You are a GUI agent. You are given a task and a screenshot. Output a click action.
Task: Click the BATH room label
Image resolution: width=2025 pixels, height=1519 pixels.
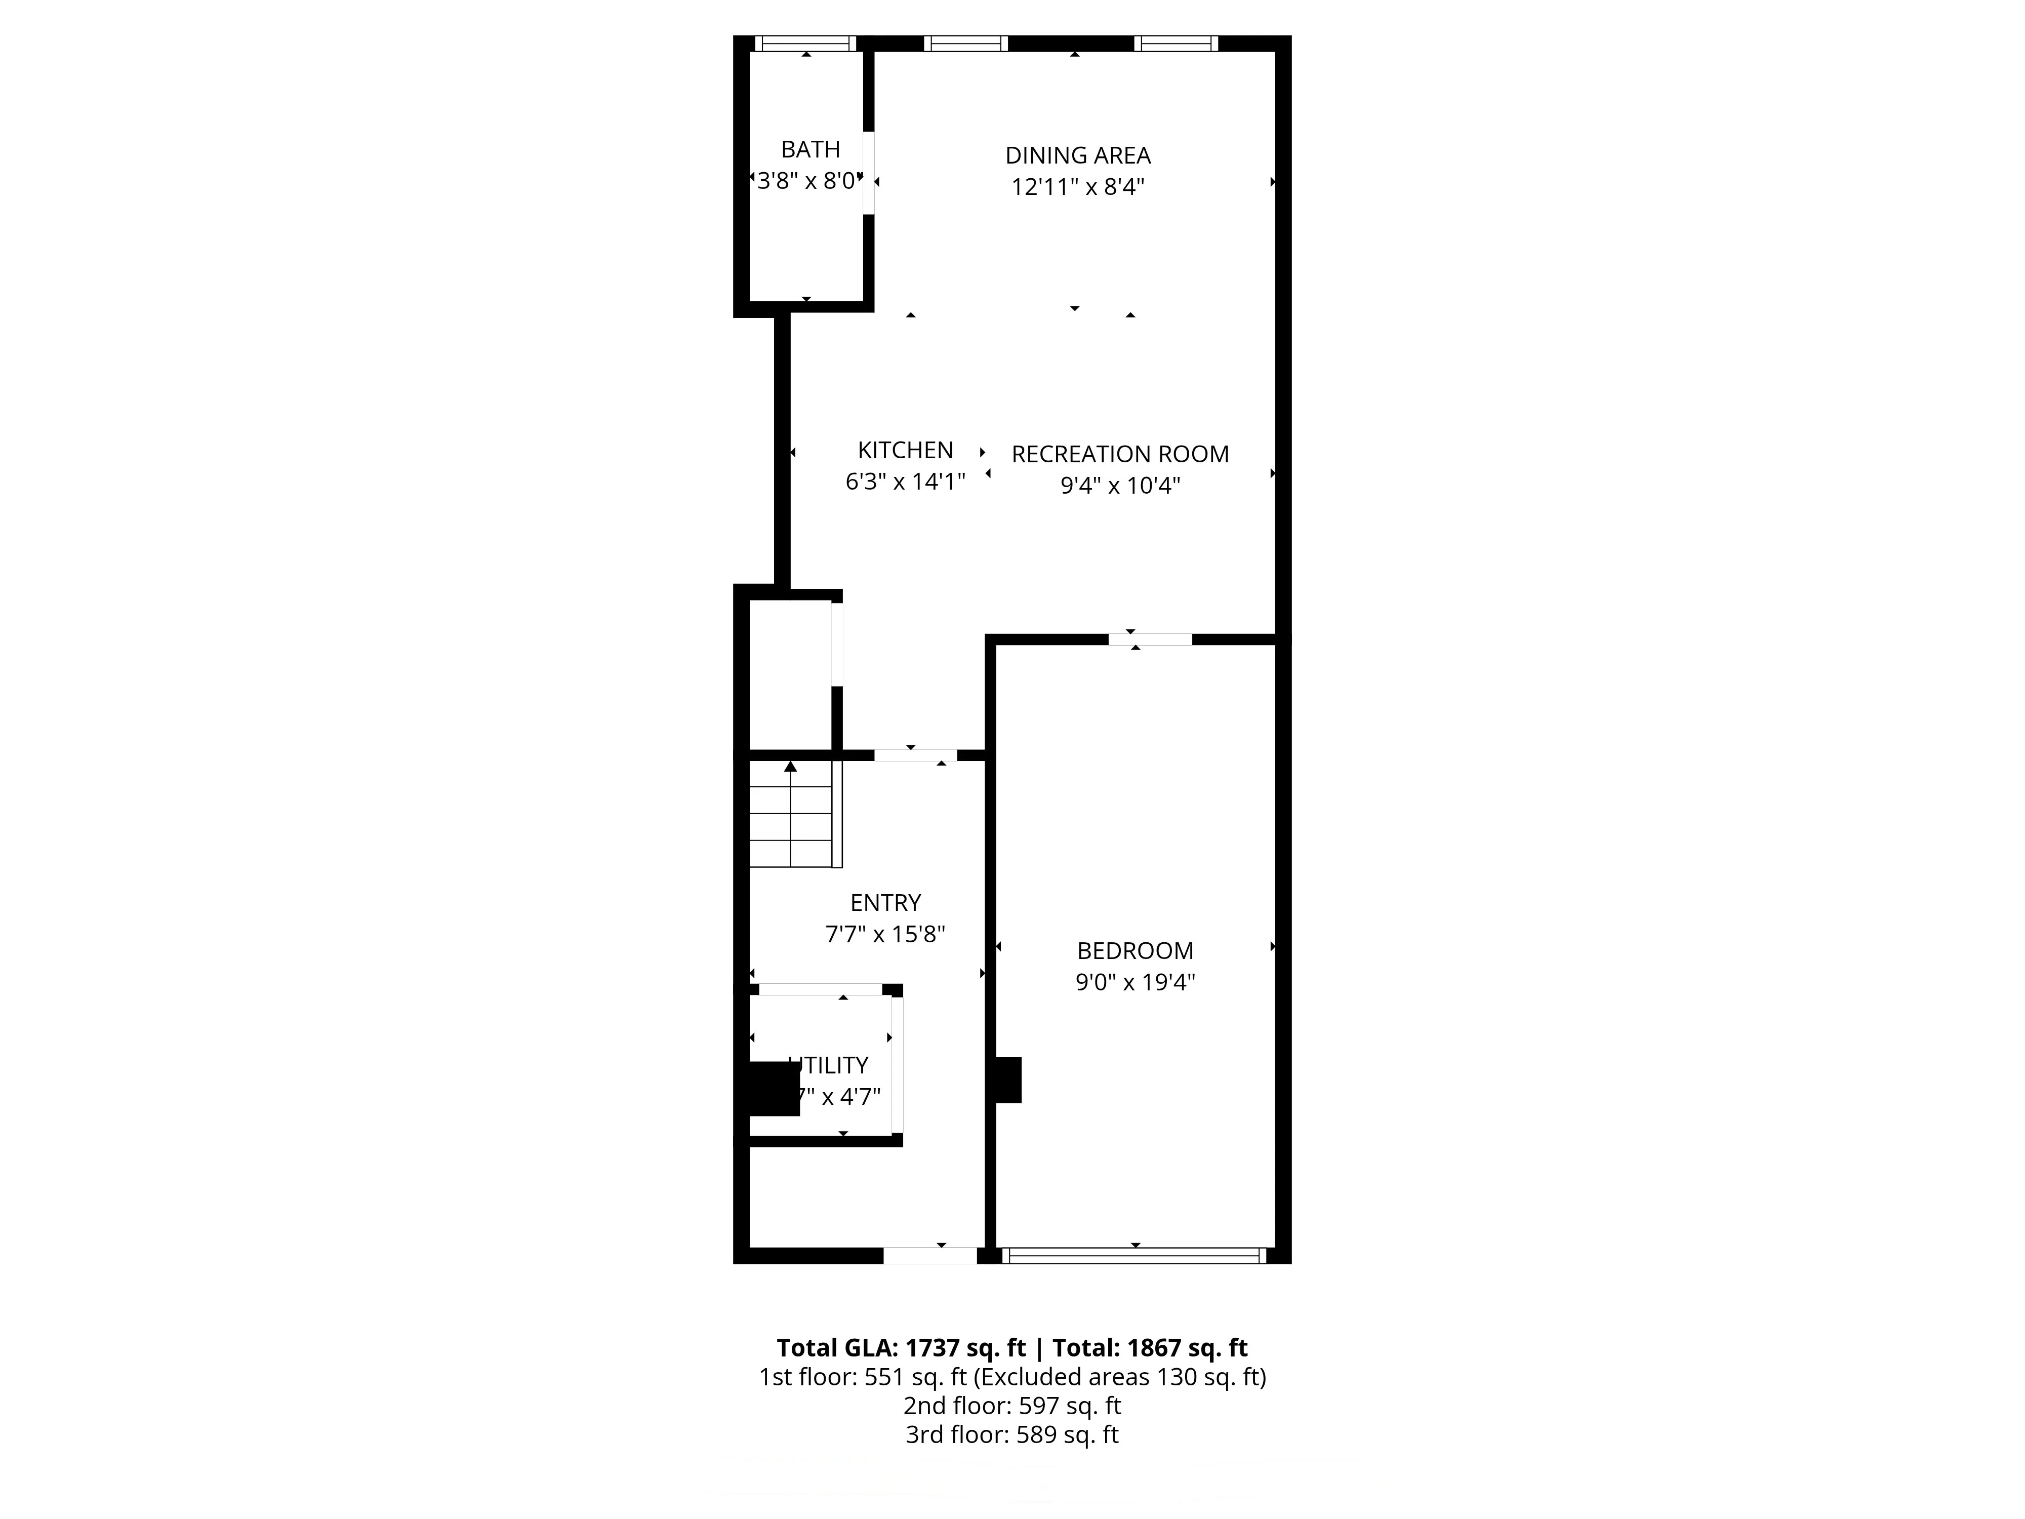(810, 149)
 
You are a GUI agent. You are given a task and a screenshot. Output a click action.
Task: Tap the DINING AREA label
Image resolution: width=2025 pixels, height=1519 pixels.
(1077, 155)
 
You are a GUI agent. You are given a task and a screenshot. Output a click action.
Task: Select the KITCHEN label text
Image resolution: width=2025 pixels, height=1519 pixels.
(905, 451)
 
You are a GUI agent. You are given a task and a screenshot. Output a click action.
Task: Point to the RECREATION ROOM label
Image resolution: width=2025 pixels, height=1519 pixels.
(1120, 454)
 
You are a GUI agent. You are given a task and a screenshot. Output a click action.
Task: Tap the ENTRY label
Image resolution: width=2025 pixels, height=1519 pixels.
(885, 903)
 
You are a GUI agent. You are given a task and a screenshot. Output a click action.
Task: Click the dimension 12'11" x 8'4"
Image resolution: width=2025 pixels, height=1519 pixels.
(1077, 187)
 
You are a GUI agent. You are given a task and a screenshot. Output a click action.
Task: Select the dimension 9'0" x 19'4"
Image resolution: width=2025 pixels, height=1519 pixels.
(1135, 982)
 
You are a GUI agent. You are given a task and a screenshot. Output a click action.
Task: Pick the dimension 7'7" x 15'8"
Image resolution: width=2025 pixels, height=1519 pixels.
(885, 934)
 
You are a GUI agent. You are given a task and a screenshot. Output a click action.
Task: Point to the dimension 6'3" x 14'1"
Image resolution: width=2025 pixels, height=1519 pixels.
(905, 482)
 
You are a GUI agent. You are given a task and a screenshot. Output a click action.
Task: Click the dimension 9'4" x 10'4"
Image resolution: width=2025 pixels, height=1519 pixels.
(1120, 485)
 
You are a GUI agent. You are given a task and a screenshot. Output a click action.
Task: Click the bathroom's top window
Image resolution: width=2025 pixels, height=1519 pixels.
(805, 43)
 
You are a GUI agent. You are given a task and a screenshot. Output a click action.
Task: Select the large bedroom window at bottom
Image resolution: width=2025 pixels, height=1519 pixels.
(1135, 1256)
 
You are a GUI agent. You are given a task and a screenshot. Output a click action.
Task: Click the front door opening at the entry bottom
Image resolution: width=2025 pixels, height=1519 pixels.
(930, 1256)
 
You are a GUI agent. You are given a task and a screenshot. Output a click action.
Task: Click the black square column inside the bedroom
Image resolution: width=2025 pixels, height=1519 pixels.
(1008, 1081)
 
